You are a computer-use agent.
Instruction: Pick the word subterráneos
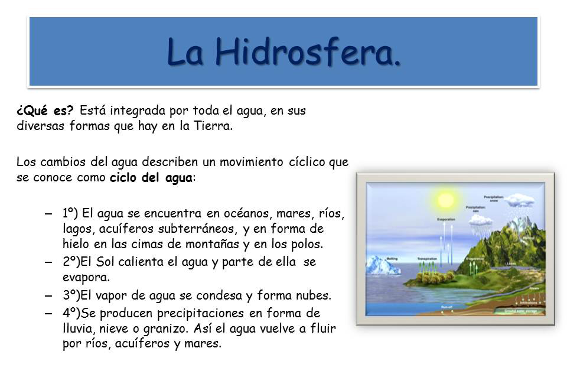(x=195, y=228)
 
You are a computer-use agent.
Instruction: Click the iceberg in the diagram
(x=383, y=265)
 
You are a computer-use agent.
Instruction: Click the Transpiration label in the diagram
(x=426, y=259)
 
